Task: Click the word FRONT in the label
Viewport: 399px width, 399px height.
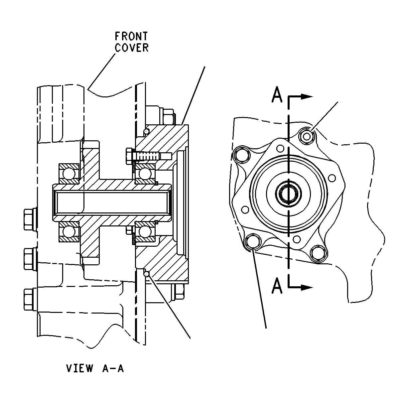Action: point(131,36)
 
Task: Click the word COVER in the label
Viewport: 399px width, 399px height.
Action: point(132,48)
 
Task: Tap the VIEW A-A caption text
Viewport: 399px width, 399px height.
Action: point(95,368)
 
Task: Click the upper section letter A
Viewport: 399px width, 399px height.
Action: point(277,95)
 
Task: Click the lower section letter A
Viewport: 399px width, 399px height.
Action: point(277,286)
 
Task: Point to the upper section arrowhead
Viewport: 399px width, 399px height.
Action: point(307,96)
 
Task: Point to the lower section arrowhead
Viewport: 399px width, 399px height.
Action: point(307,287)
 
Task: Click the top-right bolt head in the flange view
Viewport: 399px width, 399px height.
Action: point(307,136)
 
